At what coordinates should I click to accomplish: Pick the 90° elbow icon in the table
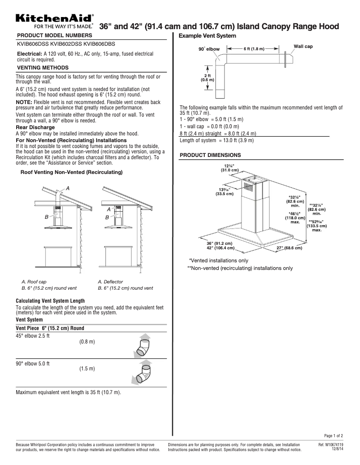click(143, 373)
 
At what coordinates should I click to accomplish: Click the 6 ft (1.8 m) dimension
click(254, 48)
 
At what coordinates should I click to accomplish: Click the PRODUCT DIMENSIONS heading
click(210, 155)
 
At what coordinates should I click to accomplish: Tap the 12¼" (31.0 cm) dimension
click(229, 168)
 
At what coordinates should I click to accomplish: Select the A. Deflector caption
click(110, 282)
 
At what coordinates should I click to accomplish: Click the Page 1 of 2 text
click(334, 435)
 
